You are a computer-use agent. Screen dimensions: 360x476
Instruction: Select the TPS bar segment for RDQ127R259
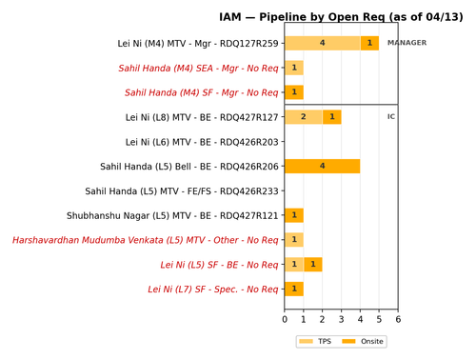pyautogui.click(x=323, y=43)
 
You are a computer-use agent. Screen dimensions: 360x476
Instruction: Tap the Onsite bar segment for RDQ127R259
pyautogui.click(x=369, y=43)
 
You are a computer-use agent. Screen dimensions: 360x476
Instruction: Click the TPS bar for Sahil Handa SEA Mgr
pyautogui.click(x=294, y=68)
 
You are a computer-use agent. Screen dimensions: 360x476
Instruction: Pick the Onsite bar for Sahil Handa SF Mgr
pyautogui.click(x=294, y=92)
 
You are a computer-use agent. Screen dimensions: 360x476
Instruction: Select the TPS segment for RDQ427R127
pyautogui.click(x=304, y=117)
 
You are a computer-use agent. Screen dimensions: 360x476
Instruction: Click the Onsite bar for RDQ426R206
pyautogui.click(x=323, y=166)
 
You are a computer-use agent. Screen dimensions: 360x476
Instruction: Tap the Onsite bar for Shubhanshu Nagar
pyautogui.click(x=294, y=215)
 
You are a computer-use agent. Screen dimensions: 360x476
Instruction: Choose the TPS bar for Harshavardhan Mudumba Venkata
pyautogui.click(x=294, y=240)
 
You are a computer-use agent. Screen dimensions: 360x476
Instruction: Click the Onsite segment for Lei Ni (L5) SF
pyautogui.click(x=313, y=265)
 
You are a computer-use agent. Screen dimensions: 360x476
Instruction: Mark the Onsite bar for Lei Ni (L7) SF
pyautogui.click(x=294, y=289)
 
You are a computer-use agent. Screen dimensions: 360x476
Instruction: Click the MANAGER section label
pyautogui.click(x=407, y=43)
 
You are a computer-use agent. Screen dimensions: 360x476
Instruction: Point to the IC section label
pyautogui.click(x=391, y=117)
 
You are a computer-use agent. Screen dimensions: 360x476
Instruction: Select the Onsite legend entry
pyautogui.click(x=362, y=341)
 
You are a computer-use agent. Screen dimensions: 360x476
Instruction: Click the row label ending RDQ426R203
pyautogui.click(x=202, y=142)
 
